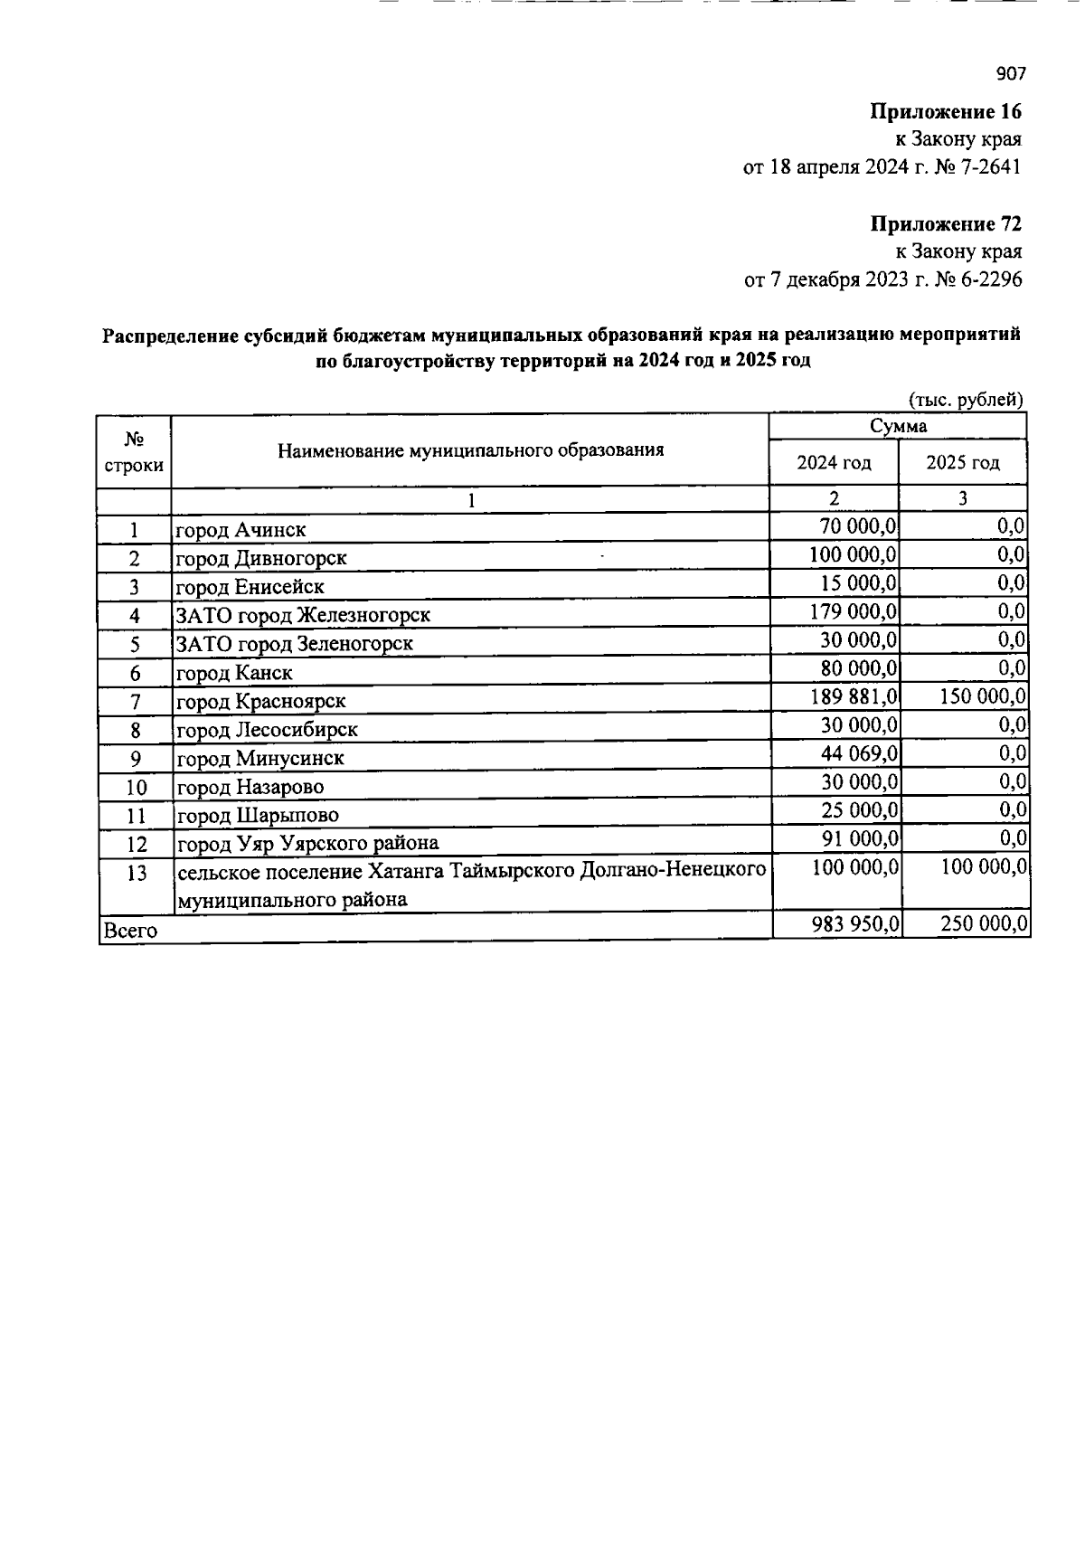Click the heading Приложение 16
click(x=946, y=112)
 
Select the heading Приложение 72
click(x=946, y=223)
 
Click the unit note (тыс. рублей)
click(x=965, y=399)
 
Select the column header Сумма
click(x=898, y=426)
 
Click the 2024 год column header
click(x=834, y=463)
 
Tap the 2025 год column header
click(x=963, y=463)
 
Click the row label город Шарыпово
click(x=258, y=816)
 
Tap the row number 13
click(x=136, y=874)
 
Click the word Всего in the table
click(x=131, y=931)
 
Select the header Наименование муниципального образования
click(x=470, y=450)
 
